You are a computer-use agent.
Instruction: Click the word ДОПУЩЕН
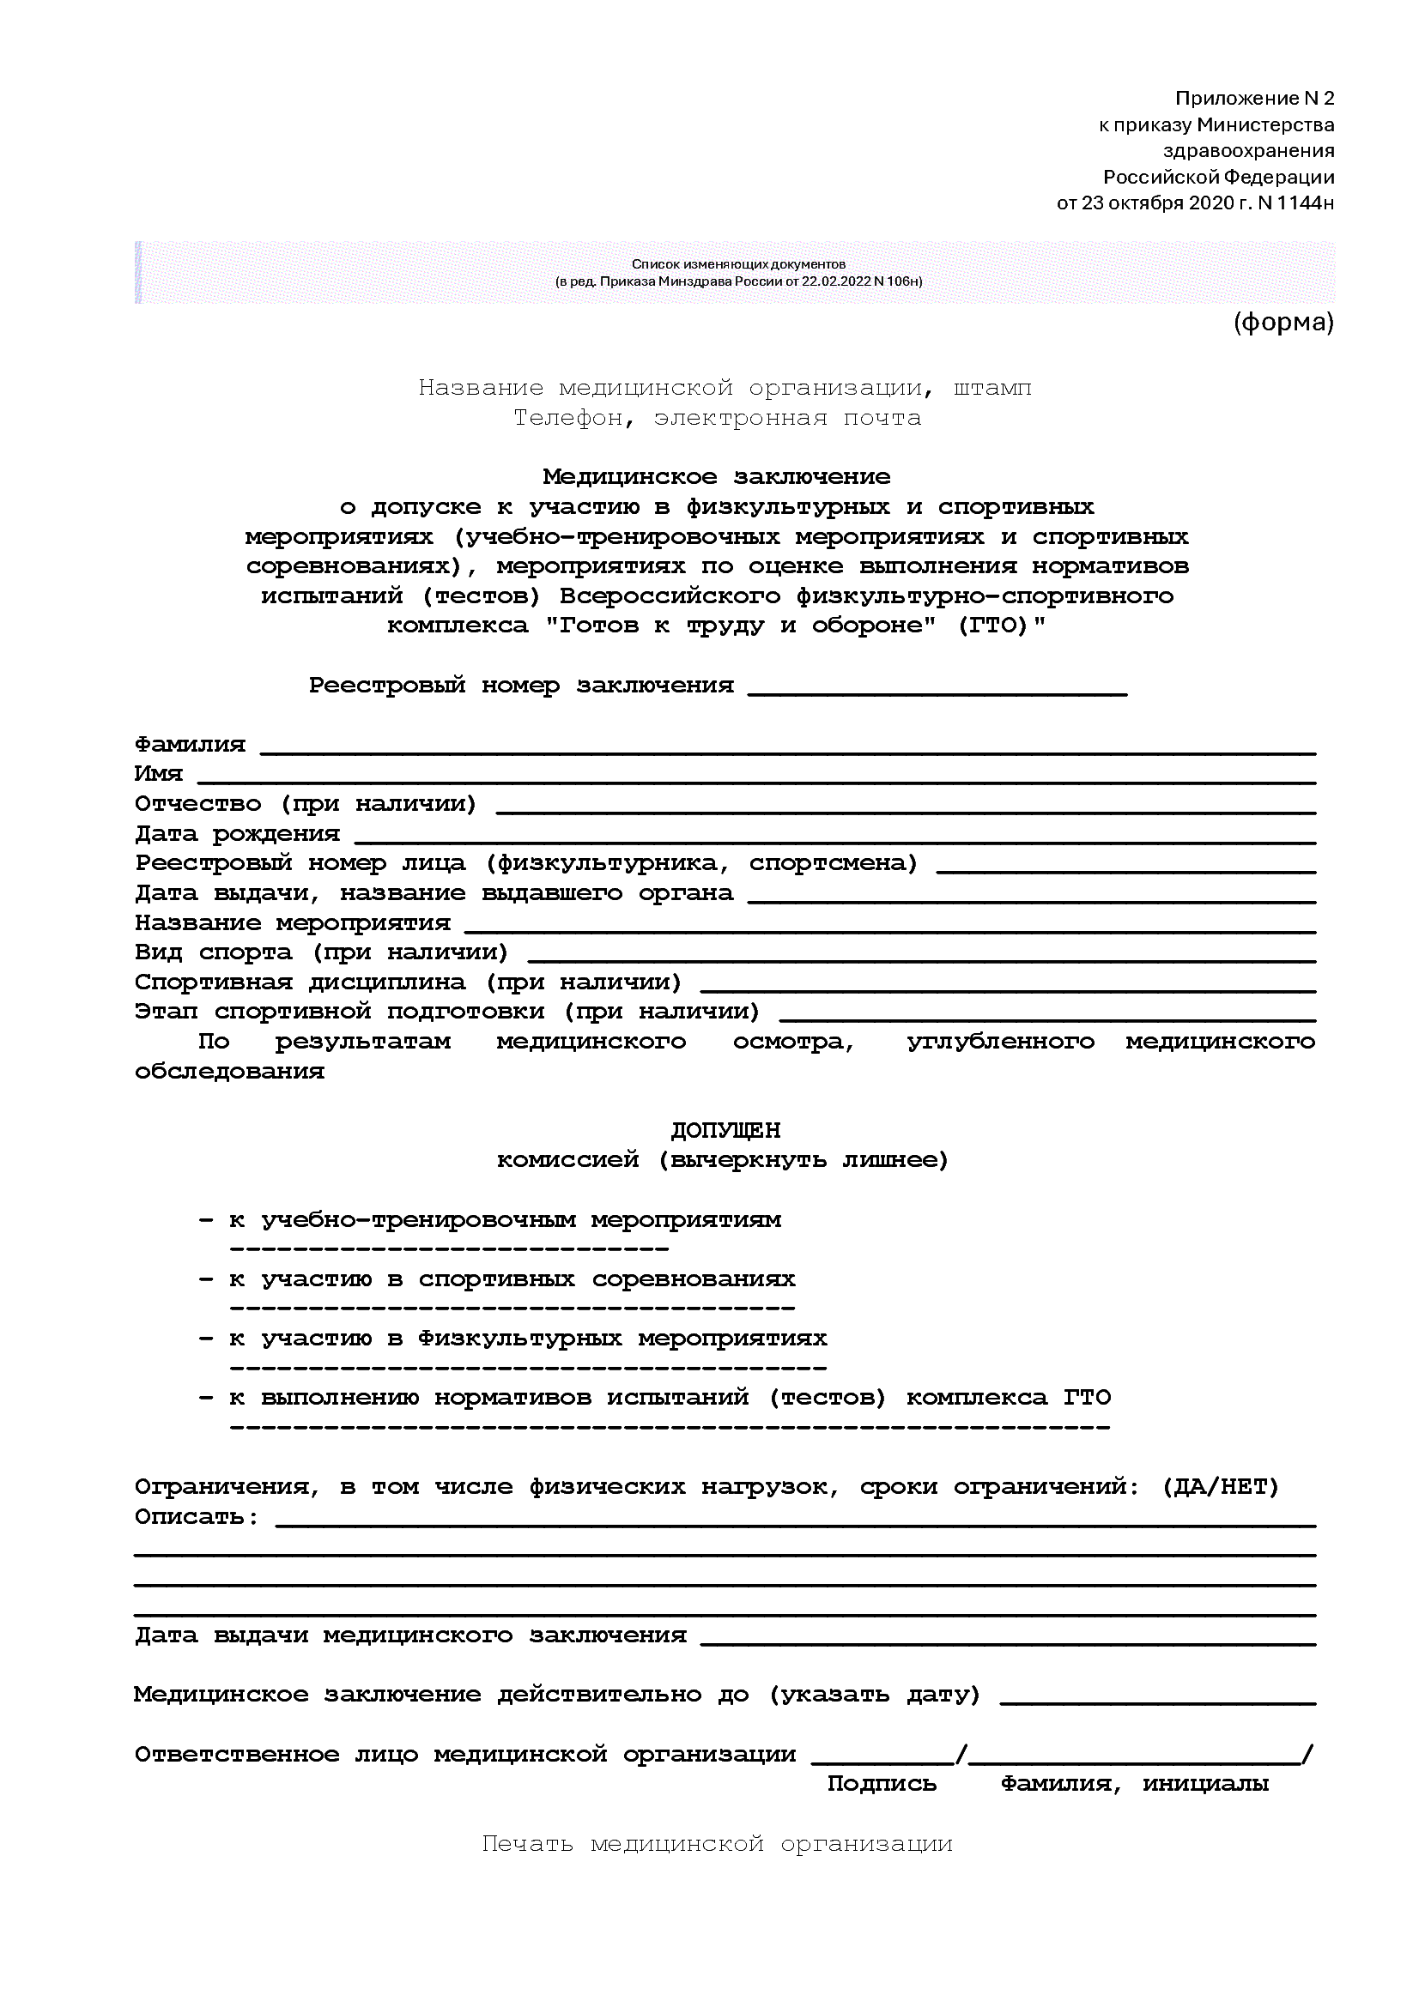[x=725, y=1130]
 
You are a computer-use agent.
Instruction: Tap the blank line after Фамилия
[x=787, y=750]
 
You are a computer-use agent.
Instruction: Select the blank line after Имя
[x=756, y=780]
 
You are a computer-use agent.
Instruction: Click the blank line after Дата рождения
[x=835, y=839]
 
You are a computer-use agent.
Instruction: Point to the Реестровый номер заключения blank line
[x=937, y=692]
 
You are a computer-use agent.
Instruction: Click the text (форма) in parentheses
[x=1283, y=323]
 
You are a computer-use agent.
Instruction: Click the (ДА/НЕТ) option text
[x=1221, y=1487]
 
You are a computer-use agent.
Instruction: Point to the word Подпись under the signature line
[x=882, y=1784]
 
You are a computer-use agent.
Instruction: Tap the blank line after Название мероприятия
[x=889, y=928]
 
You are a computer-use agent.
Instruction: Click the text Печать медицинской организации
[x=717, y=1845]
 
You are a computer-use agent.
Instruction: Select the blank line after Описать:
[x=796, y=1523]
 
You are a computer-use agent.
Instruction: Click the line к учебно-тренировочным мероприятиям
[x=506, y=1219]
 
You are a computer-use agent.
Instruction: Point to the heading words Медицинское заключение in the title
[x=716, y=477]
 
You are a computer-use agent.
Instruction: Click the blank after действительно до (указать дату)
[x=1156, y=1701]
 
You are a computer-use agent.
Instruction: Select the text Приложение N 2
[x=1254, y=98]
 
